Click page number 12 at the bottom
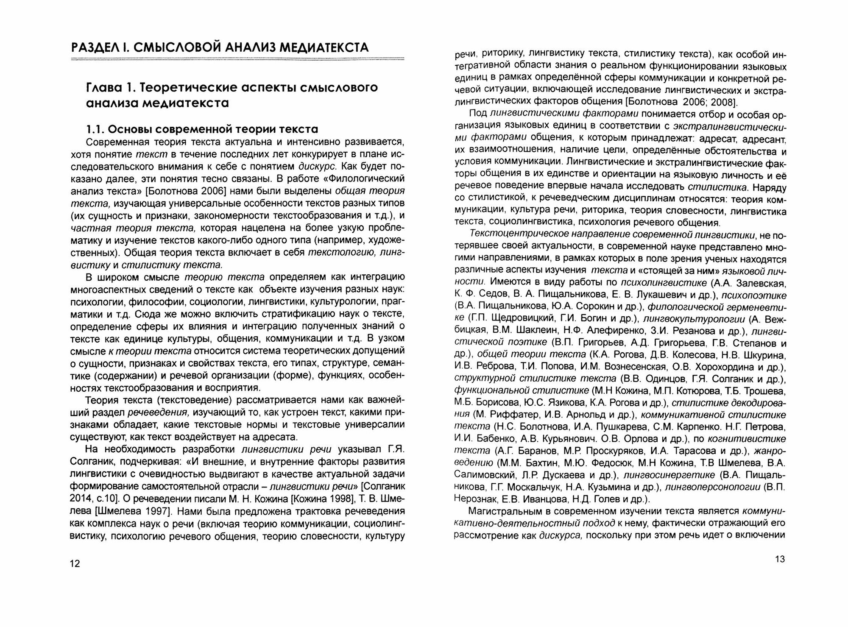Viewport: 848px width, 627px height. coord(75,564)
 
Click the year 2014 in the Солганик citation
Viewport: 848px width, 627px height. coord(81,498)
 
